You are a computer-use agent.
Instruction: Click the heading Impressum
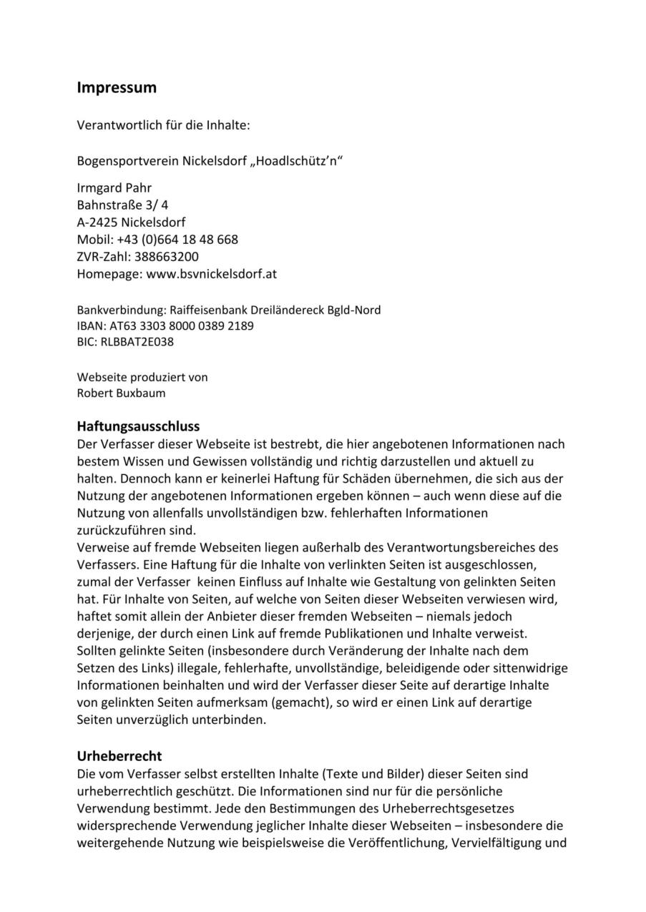click(117, 88)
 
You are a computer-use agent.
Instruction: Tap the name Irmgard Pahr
click(114, 188)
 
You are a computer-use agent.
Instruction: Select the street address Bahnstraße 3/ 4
click(122, 205)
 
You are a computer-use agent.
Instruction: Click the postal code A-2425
click(97, 222)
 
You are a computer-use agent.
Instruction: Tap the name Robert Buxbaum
click(121, 393)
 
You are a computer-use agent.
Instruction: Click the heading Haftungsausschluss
click(138, 427)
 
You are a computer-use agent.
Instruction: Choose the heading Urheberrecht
click(119, 756)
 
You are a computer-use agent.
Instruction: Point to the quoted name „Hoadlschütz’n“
click(295, 161)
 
